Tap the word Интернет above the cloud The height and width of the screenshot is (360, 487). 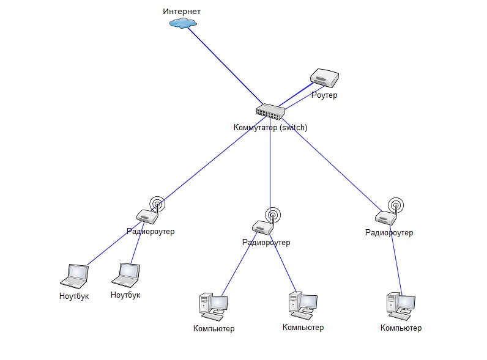(182, 12)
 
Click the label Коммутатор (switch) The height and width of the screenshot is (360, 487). (270, 128)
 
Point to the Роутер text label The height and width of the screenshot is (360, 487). (324, 95)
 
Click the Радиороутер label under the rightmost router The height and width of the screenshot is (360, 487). (388, 233)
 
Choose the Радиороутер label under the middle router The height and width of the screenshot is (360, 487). (266, 243)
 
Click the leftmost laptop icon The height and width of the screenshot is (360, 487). (75, 276)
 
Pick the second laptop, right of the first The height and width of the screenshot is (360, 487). (126, 275)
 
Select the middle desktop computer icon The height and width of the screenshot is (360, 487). (302, 305)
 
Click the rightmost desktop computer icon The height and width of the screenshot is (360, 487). (401, 306)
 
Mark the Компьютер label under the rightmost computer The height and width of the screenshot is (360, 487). (401, 328)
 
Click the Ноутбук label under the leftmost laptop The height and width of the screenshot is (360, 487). (75, 296)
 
